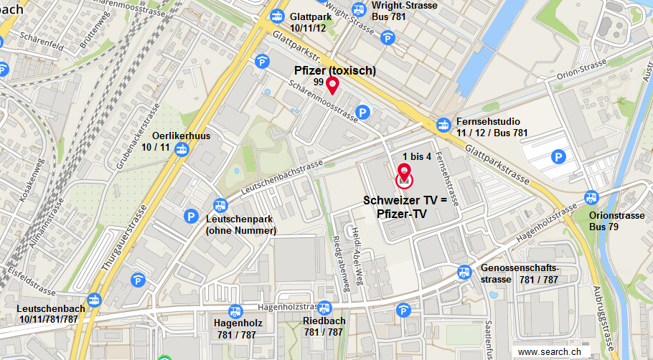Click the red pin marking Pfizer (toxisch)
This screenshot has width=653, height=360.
[332, 86]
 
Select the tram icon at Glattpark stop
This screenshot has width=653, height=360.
[277, 16]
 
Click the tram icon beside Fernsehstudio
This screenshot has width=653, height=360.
[445, 125]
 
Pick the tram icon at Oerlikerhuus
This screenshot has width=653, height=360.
[182, 150]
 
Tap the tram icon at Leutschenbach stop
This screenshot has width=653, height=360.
[94, 300]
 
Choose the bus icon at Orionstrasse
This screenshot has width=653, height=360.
[592, 198]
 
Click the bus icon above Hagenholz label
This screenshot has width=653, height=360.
[235, 312]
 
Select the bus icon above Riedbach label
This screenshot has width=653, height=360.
[325, 307]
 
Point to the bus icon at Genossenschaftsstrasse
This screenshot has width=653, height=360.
[465, 272]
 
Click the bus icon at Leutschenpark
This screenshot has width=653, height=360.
[220, 204]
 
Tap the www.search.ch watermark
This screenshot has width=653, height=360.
[549, 352]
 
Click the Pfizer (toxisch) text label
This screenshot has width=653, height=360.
[335, 70]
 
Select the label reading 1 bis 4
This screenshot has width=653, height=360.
[417, 157]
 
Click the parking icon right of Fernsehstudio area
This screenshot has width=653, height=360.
[558, 156]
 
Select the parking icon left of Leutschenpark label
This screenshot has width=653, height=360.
[191, 215]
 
